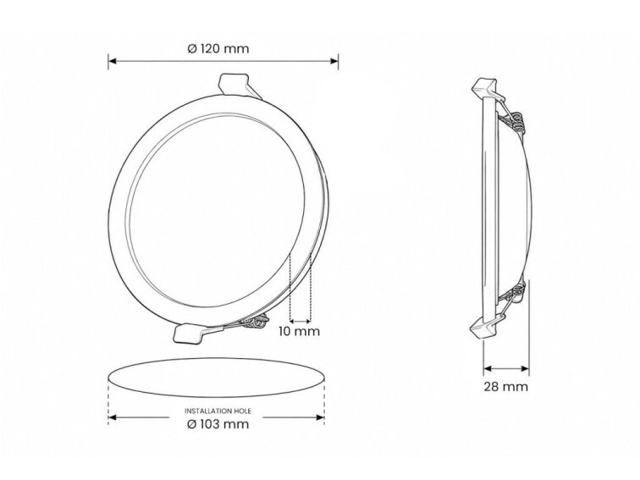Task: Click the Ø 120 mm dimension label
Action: click(x=218, y=48)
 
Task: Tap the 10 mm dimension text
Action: click(x=299, y=331)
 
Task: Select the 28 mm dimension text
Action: click(x=505, y=387)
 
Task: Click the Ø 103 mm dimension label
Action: click(x=218, y=424)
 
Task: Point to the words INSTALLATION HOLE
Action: click(x=218, y=411)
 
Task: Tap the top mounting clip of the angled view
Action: click(x=238, y=85)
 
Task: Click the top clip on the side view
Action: click(x=487, y=88)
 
